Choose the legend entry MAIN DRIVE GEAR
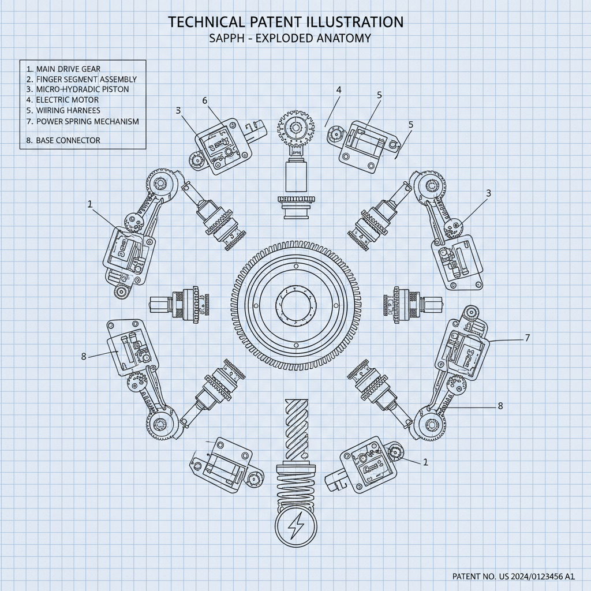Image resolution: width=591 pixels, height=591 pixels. click(x=68, y=69)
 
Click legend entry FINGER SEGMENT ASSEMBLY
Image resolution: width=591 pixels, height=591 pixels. click(x=86, y=79)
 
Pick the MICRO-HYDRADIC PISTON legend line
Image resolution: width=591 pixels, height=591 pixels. click(x=82, y=89)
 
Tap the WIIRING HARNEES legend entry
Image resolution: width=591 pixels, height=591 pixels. click(x=68, y=110)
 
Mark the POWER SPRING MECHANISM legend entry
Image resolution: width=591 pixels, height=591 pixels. click(x=87, y=121)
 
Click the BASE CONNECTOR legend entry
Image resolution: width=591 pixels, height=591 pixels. click(x=68, y=140)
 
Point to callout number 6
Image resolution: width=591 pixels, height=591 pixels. click(x=204, y=100)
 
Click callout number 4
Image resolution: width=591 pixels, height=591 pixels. click(x=339, y=89)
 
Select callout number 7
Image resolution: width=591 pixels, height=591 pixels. click(x=527, y=338)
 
